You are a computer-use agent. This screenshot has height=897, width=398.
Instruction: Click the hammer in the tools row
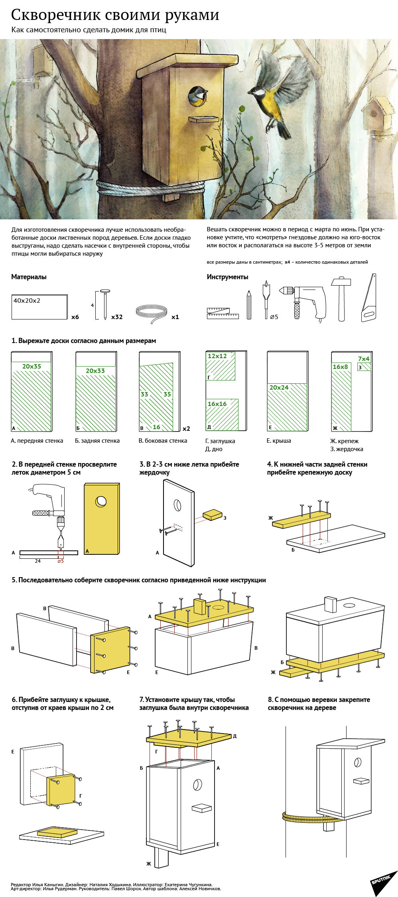341,298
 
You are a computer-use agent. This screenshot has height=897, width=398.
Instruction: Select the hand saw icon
369,298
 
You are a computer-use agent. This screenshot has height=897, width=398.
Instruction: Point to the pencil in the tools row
249,305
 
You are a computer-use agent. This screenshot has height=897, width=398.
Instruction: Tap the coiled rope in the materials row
152,311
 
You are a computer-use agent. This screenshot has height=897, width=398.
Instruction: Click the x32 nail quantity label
117,317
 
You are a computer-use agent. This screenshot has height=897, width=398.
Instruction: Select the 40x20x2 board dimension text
27,301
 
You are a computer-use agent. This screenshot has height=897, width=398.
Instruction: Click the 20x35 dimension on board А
32,366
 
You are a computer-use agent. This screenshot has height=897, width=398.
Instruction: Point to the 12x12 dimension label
217,356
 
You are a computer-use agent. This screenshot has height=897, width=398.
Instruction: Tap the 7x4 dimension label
364,359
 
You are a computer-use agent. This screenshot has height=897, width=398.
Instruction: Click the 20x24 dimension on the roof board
279,387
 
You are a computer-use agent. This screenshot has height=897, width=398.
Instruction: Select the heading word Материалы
29,277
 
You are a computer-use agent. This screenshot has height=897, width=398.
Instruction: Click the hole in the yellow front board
101,501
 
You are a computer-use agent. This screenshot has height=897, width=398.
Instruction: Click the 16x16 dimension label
217,404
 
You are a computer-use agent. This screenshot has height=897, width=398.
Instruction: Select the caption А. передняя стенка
37,441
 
